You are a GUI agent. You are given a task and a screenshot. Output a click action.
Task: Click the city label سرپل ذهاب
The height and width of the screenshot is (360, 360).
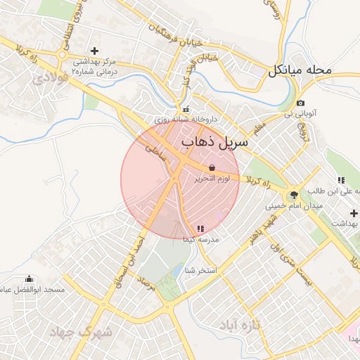pyautogui.click(x=215, y=143)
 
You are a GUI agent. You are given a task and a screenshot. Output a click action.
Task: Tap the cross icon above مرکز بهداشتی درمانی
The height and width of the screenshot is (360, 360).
pyautogui.click(x=94, y=51)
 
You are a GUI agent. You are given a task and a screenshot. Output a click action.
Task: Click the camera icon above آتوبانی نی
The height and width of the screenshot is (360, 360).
pyautogui.click(x=300, y=103)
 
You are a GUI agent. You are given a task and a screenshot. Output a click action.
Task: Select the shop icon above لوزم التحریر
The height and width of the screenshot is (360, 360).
pyautogui.click(x=212, y=168)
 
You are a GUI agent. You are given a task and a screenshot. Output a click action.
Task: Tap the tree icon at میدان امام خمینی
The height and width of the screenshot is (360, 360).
pyautogui.click(x=293, y=195)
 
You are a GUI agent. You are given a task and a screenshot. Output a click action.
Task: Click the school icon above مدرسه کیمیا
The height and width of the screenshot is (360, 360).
pyautogui.click(x=201, y=229)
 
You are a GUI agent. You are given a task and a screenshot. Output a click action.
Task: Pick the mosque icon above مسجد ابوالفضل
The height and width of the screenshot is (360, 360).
pyautogui.click(x=28, y=279)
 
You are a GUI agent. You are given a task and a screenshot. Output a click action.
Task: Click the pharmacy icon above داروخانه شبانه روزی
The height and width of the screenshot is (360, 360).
pyautogui.click(x=186, y=109)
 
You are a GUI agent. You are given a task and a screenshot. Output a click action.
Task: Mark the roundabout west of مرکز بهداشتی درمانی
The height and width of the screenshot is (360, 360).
pyautogui.click(x=63, y=56)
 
